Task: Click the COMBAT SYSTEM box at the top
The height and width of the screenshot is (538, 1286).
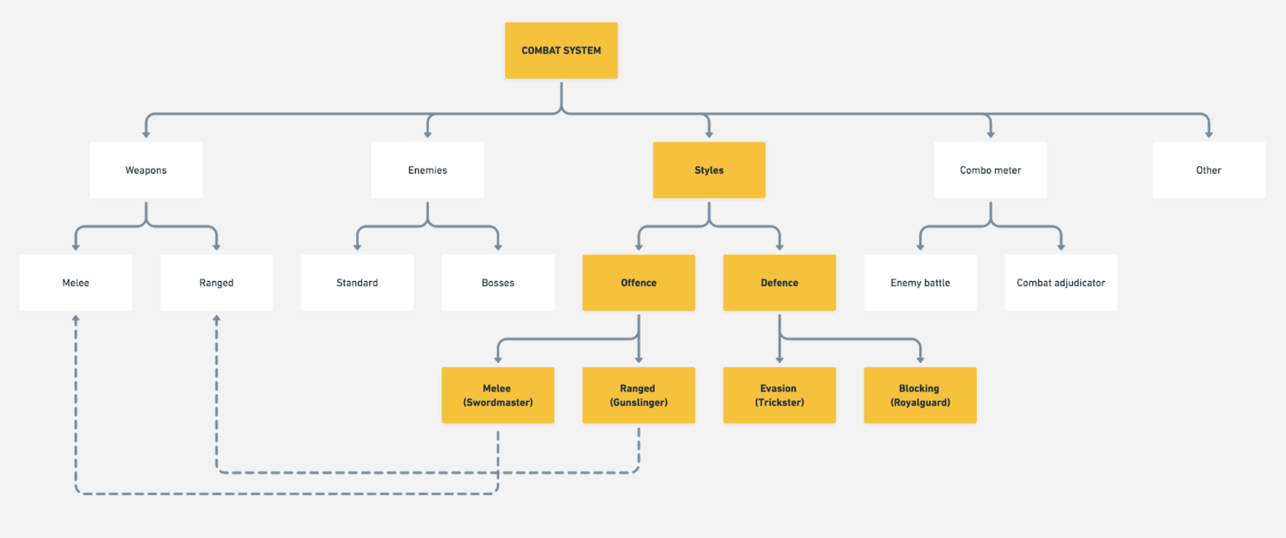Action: coord(561,50)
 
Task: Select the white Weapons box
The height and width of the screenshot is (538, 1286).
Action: coord(146,170)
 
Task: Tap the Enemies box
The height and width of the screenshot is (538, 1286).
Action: coord(427,170)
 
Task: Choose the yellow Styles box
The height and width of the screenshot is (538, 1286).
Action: coord(709,170)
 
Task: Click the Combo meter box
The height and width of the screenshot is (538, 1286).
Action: coord(991,170)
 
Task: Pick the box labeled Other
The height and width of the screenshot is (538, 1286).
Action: coord(1209,170)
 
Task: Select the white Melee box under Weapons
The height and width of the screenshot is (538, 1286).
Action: coord(75,282)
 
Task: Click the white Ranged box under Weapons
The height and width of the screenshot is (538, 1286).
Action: coord(216,282)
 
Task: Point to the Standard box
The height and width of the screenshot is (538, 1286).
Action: coord(357,282)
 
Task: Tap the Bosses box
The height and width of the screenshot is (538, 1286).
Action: coord(498,282)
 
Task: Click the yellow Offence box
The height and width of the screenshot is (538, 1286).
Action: coord(639,282)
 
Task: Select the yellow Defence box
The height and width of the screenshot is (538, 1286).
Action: coord(780,282)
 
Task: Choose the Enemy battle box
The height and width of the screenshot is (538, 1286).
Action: coord(920,282)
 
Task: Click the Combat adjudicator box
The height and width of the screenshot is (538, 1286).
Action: coord(1061,282)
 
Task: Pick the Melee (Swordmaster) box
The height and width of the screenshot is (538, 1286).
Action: coord(498,395)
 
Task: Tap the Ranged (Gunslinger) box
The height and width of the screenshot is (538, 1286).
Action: coord(639,395)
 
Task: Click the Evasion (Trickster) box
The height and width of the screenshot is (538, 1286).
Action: coord(780,395)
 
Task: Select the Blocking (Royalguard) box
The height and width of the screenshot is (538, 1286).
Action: coord(920,395)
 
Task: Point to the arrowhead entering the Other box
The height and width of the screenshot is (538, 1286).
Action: coord(1209,134)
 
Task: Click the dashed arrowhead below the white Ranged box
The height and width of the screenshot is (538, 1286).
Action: coord(216,319)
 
